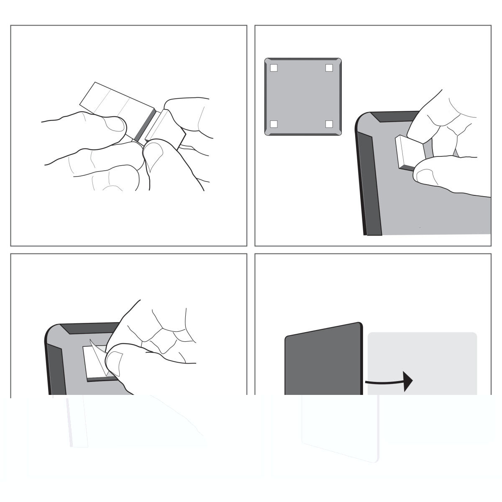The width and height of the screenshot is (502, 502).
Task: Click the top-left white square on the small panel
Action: (274, 68)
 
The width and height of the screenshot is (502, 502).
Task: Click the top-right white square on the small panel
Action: (329, 68)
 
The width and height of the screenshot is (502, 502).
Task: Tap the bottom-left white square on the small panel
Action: (274, 124)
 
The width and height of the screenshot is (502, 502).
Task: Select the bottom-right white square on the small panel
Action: (329, 124)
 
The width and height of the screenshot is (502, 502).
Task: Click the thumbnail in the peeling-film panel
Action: (115, 359)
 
